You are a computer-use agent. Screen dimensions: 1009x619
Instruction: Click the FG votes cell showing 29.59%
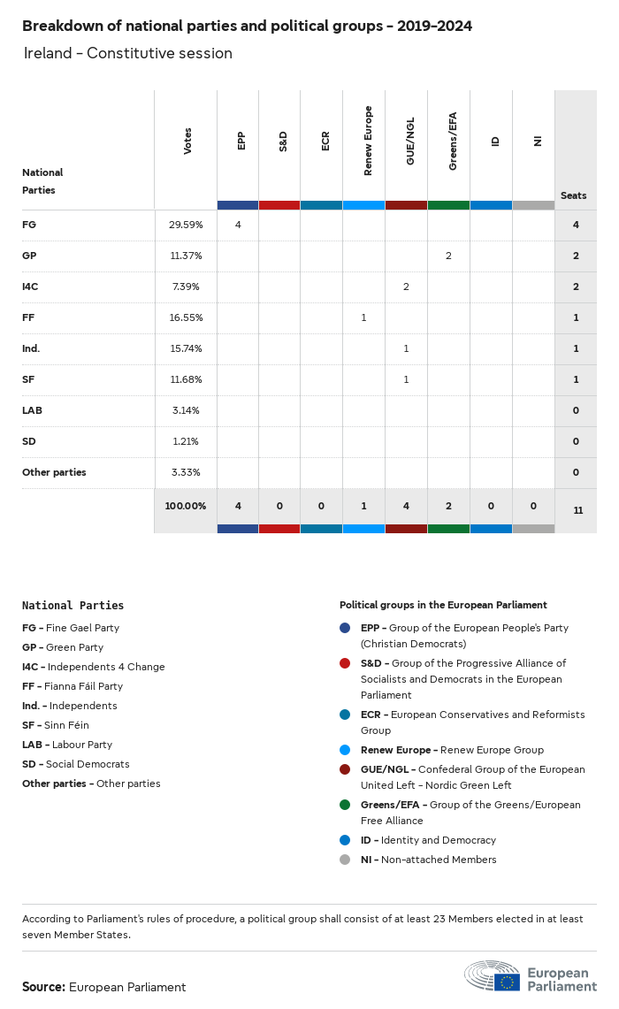click(186, 225)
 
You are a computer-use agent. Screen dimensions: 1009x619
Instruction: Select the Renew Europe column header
click(368, 141)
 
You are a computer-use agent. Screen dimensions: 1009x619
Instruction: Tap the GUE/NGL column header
click(410, 141)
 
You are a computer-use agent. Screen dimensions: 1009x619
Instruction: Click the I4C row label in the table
click(31, 287)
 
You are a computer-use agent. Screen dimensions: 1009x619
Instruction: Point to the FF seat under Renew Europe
click(363, 317)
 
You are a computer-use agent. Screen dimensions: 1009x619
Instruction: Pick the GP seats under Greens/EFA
click(448, 256)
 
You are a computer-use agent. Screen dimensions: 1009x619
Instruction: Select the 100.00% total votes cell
click(186, 506)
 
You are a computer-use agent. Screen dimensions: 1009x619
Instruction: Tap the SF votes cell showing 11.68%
click(186, 379)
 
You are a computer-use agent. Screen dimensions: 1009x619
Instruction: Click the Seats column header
click(573, 195)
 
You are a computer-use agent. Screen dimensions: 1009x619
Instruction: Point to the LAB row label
click(32, 410)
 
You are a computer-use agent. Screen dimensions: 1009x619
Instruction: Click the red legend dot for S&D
click(345, 663)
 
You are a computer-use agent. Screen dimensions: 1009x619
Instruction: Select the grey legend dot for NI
click(345, 860)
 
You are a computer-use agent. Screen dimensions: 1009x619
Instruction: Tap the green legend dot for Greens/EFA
click(345, 805)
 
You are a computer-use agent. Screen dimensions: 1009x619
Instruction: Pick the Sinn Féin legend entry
click(56, 725)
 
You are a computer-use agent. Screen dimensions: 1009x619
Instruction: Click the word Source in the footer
click(43, 987)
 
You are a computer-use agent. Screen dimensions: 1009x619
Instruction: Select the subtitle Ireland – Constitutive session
click(127, 53)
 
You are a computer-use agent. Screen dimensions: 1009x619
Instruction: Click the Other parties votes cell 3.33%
click(186, 472)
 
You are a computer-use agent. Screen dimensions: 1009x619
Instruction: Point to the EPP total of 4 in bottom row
click(238, 506)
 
